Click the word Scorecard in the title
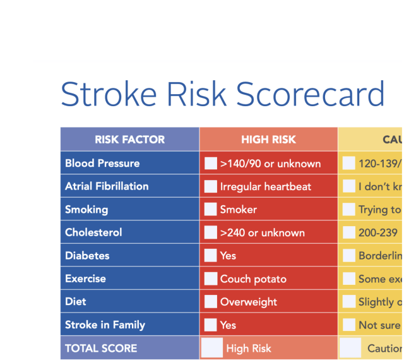tap(311, 95)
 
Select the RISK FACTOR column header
tap(129, 140)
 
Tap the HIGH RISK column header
tap(268, 140)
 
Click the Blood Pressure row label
tap(102, 163)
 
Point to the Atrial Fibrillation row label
tap(107, 186)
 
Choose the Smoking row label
tap(86, 209)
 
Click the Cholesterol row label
tap(93, 232)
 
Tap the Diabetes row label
tap(87, 256)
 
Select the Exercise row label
tap(85, 279)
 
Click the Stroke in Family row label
tap(105, 325)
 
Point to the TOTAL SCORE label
tap(101, 348)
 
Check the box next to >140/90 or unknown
tap(211, 164)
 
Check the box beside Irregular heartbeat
tap(211, 186)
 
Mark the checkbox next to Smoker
tap(211, 210)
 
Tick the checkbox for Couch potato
tap(211, 279)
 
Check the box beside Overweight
tap(211, 302)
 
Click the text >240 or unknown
tap(262, 233)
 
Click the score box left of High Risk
tap(212, 348)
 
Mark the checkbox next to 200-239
tap(349, 232)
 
